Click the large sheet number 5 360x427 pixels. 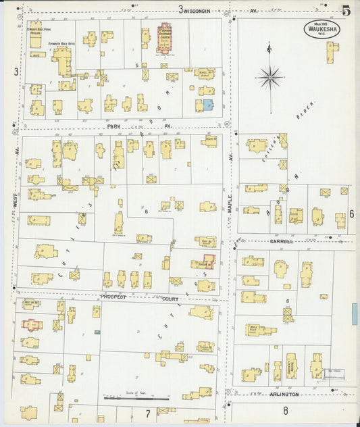point(346,10)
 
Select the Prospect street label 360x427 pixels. point(114,297)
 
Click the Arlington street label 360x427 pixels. point(284,394)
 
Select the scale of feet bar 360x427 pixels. point(136,399)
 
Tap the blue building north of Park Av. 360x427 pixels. point(208,105)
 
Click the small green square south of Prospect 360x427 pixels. point(97,332)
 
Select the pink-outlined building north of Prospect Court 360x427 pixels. point(209,261)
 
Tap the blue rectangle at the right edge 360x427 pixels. point(355,313)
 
